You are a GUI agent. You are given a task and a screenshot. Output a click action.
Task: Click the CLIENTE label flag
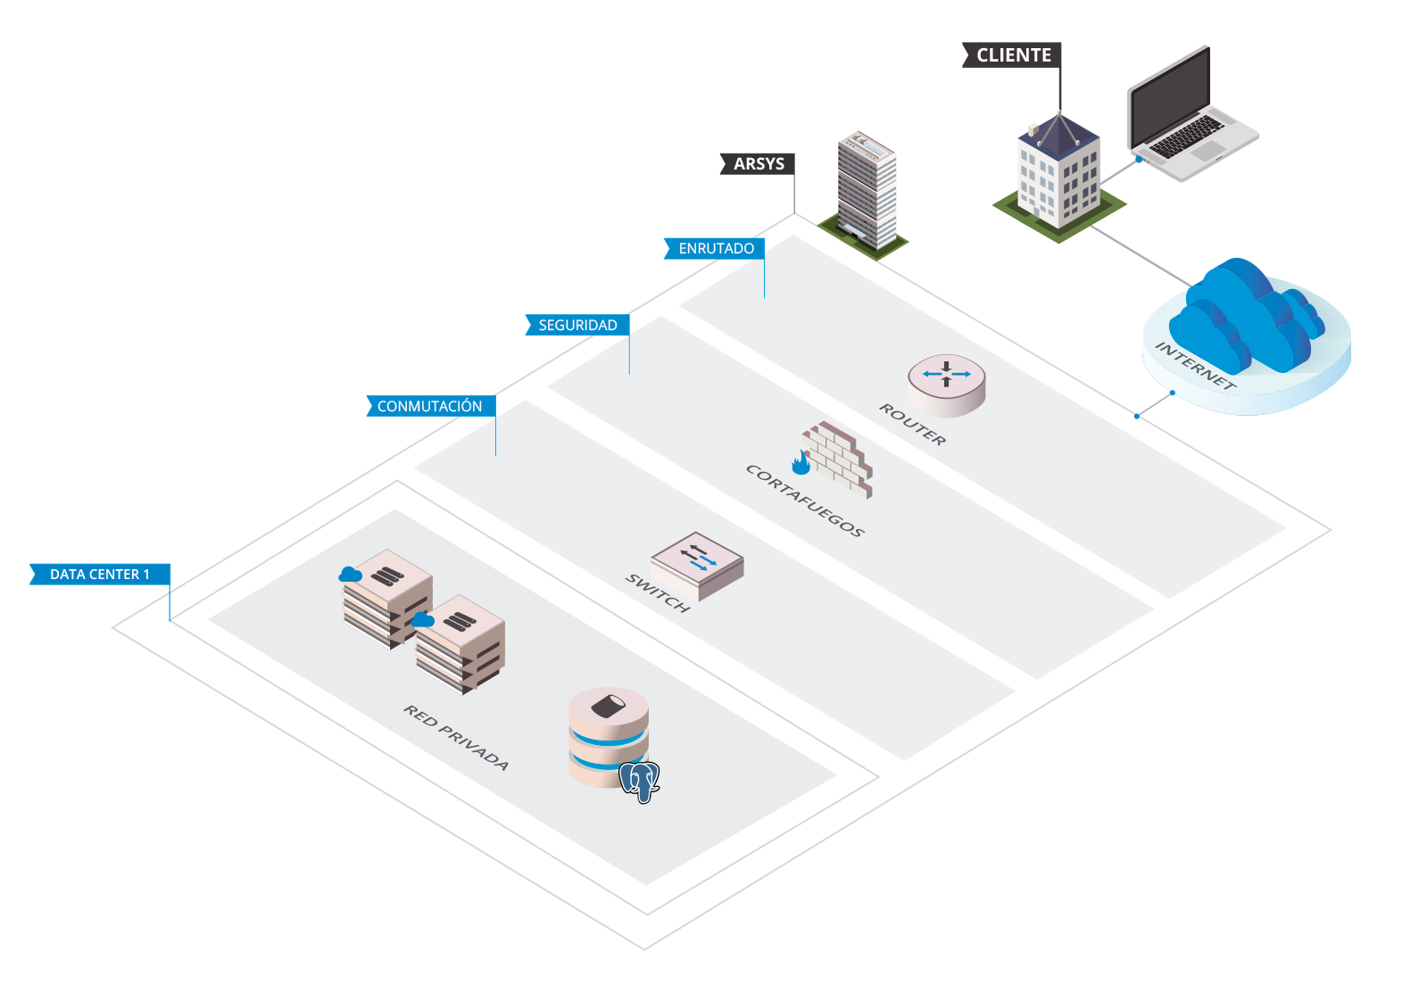(1013, 55)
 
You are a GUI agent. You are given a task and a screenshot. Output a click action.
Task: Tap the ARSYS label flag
(758, 164)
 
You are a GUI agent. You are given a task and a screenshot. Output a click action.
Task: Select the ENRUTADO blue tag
(715, 249)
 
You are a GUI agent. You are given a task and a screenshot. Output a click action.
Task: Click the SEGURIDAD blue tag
(577, 326)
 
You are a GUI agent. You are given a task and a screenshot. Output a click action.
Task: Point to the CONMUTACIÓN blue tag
(430, 407)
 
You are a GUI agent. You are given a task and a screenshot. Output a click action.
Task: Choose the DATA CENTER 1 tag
(100, 575)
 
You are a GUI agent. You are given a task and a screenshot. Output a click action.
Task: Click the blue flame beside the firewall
(801, 462)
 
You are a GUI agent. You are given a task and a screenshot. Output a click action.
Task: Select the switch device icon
(697, 566)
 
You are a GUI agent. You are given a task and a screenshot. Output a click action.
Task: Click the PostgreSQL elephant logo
(640, 782)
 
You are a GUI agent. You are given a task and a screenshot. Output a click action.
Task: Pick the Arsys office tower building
(867, 189)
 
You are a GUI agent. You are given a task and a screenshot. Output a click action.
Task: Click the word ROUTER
(912, 424)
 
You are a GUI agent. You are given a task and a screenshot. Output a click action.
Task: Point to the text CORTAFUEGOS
(805, 501)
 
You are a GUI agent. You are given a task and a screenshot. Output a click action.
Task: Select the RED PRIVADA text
(456, 738)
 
